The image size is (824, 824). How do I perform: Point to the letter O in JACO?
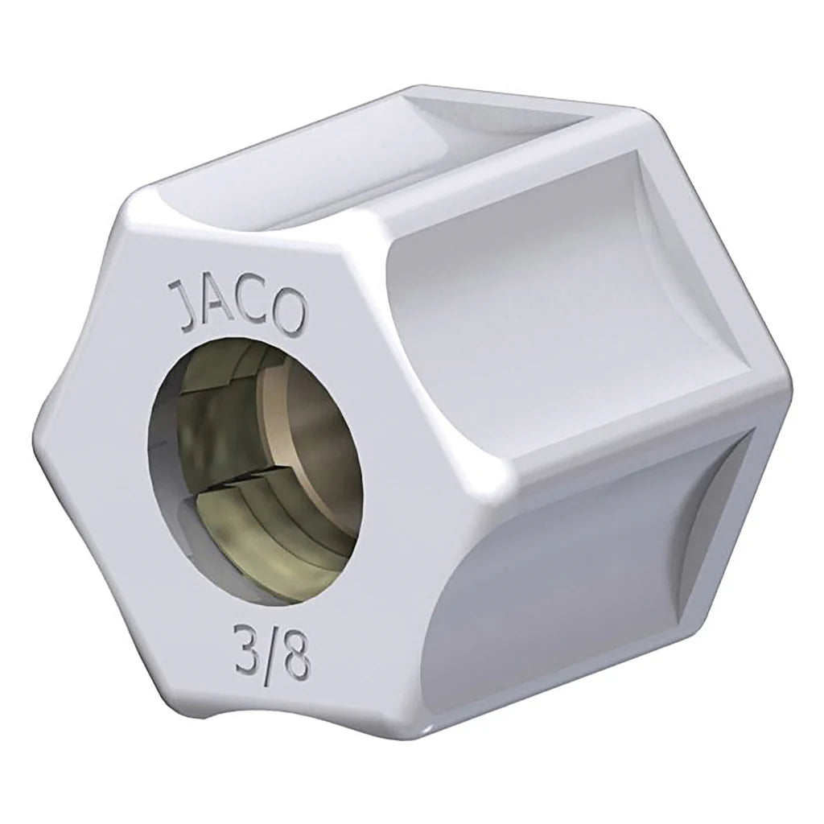290,304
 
